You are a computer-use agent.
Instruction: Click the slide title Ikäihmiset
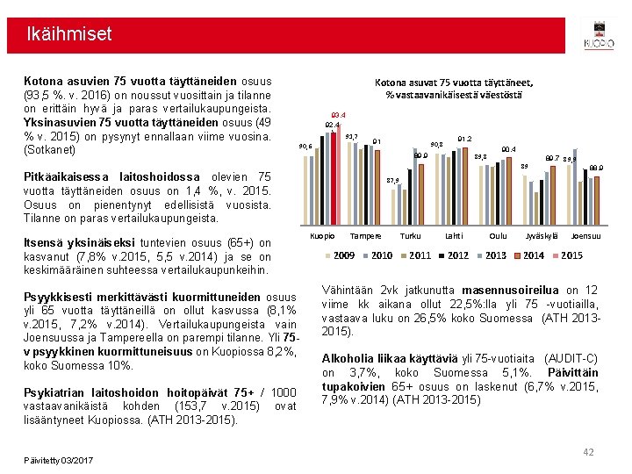[69, 35]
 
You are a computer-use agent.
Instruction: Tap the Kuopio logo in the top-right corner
[599, 35]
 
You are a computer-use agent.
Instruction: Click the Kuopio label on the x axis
[324, 236]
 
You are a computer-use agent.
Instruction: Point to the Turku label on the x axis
[410, 236]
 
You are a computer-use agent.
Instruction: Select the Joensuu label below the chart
[585, 236]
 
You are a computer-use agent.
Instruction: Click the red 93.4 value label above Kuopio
[338, 115]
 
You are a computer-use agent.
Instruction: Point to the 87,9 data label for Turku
[393, 181]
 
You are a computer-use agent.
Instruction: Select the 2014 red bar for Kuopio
[336, 176]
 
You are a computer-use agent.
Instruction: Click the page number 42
[588, 452]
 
